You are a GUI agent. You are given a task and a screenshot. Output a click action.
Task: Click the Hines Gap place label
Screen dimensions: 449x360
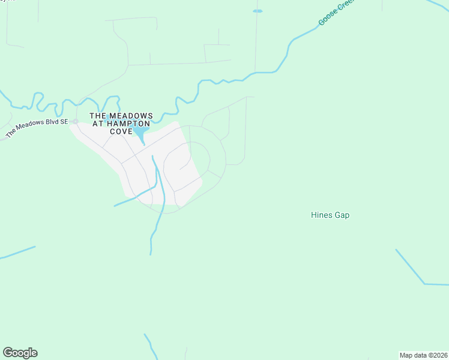click(330, 215)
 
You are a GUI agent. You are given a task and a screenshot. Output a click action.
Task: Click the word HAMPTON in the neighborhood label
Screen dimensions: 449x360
click(128, 123)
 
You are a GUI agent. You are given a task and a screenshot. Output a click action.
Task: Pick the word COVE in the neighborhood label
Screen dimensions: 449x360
click(121, 131)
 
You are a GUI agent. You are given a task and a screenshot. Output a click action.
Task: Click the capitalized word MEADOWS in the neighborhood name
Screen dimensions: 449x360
click(130, 115)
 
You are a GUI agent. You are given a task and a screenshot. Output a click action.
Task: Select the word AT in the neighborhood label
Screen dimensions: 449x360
click(99, 123)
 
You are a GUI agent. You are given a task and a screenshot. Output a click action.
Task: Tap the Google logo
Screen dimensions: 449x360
click(20, 353)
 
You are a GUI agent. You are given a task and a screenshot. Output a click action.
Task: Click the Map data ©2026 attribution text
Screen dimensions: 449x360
click(423, 355)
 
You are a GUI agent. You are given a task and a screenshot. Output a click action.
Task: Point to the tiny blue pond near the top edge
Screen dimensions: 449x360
click(258, 11)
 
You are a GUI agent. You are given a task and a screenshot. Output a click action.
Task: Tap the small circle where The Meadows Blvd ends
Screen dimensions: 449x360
click(76, 121)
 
